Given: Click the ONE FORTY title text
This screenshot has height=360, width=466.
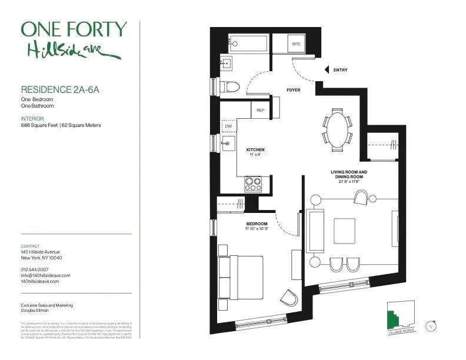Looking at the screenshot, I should (x=74, y=29).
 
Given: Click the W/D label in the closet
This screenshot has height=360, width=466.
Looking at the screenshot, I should (x=296, y=44).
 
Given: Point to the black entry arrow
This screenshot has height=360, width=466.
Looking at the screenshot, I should (x=325, y=70).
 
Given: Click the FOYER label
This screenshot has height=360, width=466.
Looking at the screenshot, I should (x=293, y=91).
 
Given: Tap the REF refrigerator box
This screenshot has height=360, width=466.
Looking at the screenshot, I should (x=260, y=109).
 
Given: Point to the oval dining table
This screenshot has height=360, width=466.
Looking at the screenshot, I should (x=337, y=129).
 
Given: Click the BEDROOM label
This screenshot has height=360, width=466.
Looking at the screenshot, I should (x=257, y=224).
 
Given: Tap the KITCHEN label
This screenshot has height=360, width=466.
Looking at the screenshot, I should (x=255, y=150).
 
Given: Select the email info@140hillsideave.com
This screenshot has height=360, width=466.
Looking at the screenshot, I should (x=45, y=275).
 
